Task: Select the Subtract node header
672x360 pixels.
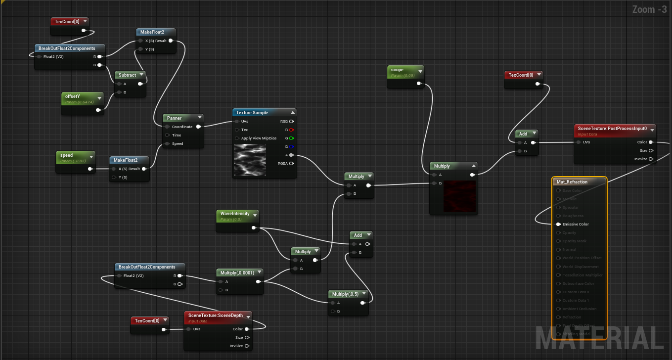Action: tap(127, 75)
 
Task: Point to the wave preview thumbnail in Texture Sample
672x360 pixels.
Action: tap(250, 161)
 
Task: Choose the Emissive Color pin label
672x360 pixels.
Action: tap(576, 225)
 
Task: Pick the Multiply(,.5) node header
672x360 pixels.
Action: tap(345, 294)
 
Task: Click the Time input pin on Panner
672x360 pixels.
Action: tap(168, 135)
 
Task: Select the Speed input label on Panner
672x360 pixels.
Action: tap(178, 144)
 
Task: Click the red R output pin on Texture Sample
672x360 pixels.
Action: tap(291, 130)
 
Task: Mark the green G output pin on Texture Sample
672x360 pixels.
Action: tap(291, 138)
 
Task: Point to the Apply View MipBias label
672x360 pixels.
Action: tap(259, 138)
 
